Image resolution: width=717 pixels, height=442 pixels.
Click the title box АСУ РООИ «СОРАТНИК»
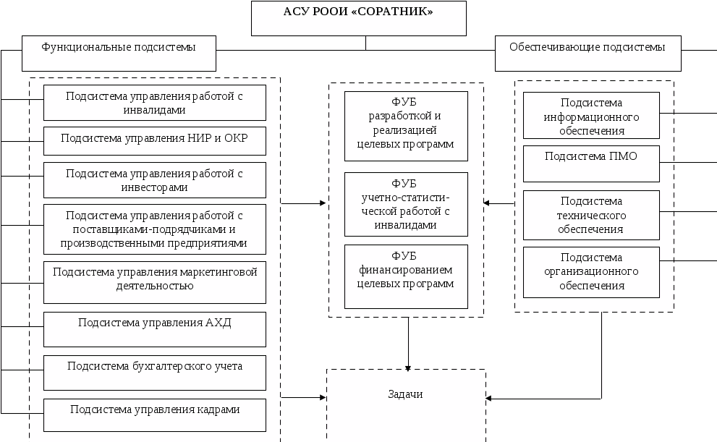click(x=359, y=18)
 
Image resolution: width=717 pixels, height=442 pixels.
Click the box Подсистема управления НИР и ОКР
click(x=154, y=140)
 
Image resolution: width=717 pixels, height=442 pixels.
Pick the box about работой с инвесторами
click(x=154, y=180)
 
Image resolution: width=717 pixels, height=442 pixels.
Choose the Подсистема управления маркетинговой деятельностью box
click(x=154, y=282)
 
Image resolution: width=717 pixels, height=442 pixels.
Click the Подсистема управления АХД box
click(x=154, y=329)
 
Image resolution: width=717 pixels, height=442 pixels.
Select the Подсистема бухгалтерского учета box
click(x=154, y=373)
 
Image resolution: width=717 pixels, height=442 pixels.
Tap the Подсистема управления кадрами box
click(x=154, y=415)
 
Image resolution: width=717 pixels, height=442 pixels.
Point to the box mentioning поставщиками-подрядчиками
click(x=154, y=229)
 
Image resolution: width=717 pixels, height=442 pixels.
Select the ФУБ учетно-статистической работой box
click(x=405, y=204)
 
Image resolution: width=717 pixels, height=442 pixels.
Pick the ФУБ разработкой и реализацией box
click(x=405, y=126)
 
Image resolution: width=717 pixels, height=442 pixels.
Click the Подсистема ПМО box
click(x=591, y=163)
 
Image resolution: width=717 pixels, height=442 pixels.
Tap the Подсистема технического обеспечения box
click(x=591, y=215)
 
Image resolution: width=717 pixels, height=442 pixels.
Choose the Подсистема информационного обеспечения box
click(x=591, y=115)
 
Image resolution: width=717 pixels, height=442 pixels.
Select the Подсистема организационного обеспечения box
click(x=591, y=272)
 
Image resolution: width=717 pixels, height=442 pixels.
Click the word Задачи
click(x=405, y=394)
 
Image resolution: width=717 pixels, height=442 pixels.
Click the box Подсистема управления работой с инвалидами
click(x=154, y=103)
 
